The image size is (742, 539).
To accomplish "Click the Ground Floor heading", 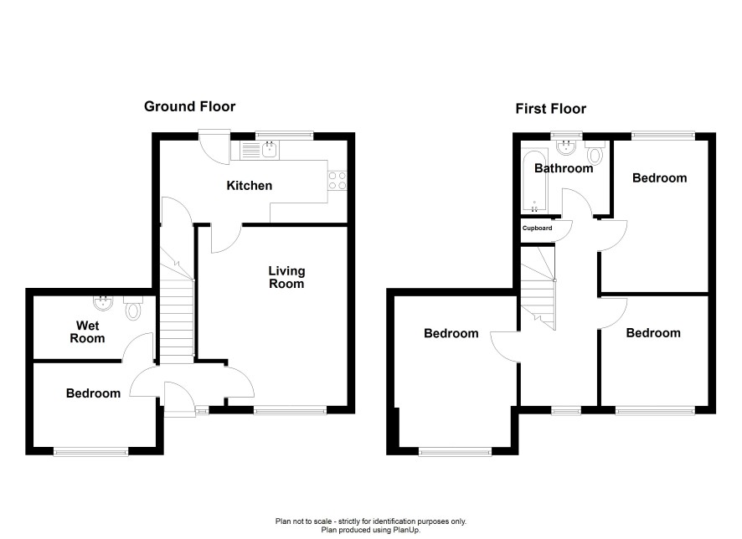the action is pyautogui.click(x=189, y=106).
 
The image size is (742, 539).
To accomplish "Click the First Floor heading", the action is pyautogui.click(x=550, y=109).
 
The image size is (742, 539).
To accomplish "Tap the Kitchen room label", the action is pyautogui.click(x=250, y=185).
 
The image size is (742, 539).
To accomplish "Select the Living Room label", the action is pyautogui.click(x=286, y=277).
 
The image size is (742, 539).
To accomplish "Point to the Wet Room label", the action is pyautogui.click(x=87, y=332).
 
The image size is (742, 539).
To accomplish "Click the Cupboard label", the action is pyautogui.click(x=537, y=228).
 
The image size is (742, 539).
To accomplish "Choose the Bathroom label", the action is pyautogui.click(x=564, y=168).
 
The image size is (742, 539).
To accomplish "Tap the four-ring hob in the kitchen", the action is pyautogui.click(x=338, y=181).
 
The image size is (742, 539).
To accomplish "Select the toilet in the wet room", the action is pyautogui.click(x=133, y=308).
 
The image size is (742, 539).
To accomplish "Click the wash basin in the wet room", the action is pyautogui.click(x=103, y=303).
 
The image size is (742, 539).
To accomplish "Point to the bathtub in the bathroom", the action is pyautogui.click(x=534, y=181).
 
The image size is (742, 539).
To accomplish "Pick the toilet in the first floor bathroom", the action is pyautogui.click(x=595, y=151).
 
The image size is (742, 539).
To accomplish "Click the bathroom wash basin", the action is pyautogui.click(x=566, y=147).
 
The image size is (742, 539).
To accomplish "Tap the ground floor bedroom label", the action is pyautogui.click(x=93, y=393).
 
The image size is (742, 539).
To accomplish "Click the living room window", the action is pyautogui.click(x=290, y=410).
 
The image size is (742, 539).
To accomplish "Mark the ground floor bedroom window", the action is pyautogui.click(x=90, y=451).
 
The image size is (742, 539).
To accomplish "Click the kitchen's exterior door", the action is pyautogui.click(x=214, y=147).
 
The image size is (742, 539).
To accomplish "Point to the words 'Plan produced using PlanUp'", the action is pyautogui.click(x=370, y=530).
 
